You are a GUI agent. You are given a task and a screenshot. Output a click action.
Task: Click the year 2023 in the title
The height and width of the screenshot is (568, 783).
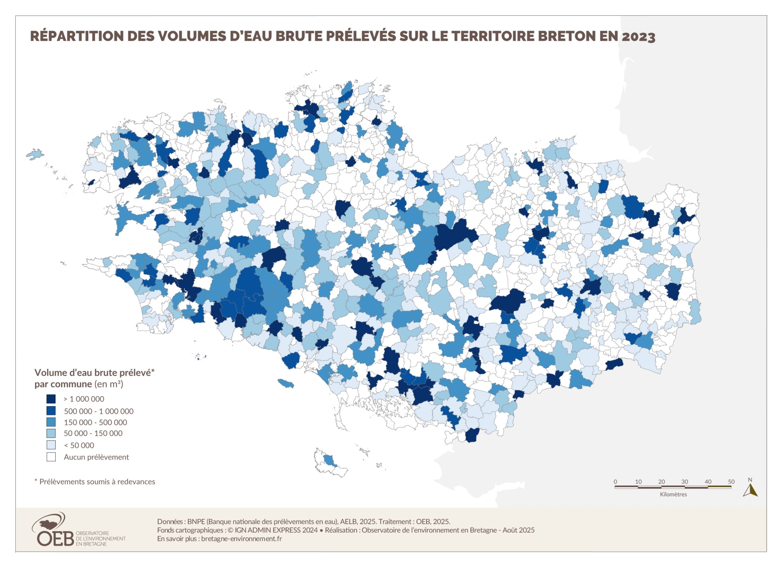638,37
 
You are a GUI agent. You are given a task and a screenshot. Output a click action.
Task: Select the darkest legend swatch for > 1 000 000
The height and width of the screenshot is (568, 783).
51,399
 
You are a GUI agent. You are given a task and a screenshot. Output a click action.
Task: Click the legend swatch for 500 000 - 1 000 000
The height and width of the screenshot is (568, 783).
51,411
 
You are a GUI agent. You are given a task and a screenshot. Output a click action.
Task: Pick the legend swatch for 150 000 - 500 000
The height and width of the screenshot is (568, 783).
51,422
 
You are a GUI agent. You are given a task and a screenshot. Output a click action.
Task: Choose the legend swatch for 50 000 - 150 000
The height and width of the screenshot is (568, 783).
51,433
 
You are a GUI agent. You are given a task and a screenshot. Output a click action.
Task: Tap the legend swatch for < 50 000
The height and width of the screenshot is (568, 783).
51,445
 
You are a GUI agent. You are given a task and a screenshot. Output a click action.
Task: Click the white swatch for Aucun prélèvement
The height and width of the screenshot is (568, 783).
51,457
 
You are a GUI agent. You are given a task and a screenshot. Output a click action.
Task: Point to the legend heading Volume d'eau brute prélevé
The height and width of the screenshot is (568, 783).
94,372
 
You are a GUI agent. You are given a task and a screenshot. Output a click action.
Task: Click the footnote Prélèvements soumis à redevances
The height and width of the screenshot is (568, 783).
97,482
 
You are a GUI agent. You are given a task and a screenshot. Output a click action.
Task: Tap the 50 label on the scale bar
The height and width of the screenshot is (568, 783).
731,482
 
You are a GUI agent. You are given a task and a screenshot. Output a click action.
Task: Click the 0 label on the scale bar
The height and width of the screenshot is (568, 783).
615,482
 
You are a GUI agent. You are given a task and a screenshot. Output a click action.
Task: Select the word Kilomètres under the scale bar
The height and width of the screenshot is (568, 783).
673,494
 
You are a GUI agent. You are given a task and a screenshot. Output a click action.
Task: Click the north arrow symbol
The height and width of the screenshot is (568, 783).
750,491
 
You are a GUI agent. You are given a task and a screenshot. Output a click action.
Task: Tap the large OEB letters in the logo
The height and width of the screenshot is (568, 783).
55,538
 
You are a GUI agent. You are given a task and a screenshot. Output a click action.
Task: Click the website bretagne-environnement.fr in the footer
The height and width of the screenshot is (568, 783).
241,539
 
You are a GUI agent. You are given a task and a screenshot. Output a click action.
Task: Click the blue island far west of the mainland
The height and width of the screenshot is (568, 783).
35,154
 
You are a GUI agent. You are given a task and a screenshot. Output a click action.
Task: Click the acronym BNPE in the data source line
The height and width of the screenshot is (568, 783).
196,521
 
